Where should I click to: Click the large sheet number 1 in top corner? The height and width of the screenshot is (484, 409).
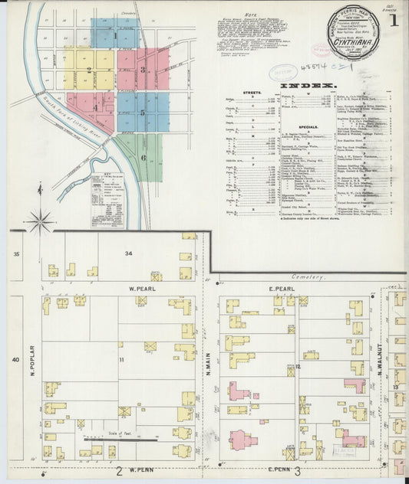click(x=394, y=21)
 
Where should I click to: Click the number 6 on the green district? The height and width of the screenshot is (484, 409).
click(x=142, y=158)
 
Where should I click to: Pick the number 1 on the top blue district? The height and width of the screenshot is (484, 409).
click(x=116, y=34)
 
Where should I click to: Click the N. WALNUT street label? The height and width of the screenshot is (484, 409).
click(x=378, y=361)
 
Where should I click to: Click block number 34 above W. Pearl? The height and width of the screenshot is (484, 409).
click(x=130, y=253)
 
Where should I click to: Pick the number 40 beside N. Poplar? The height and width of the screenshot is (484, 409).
click(x=15, y=359)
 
